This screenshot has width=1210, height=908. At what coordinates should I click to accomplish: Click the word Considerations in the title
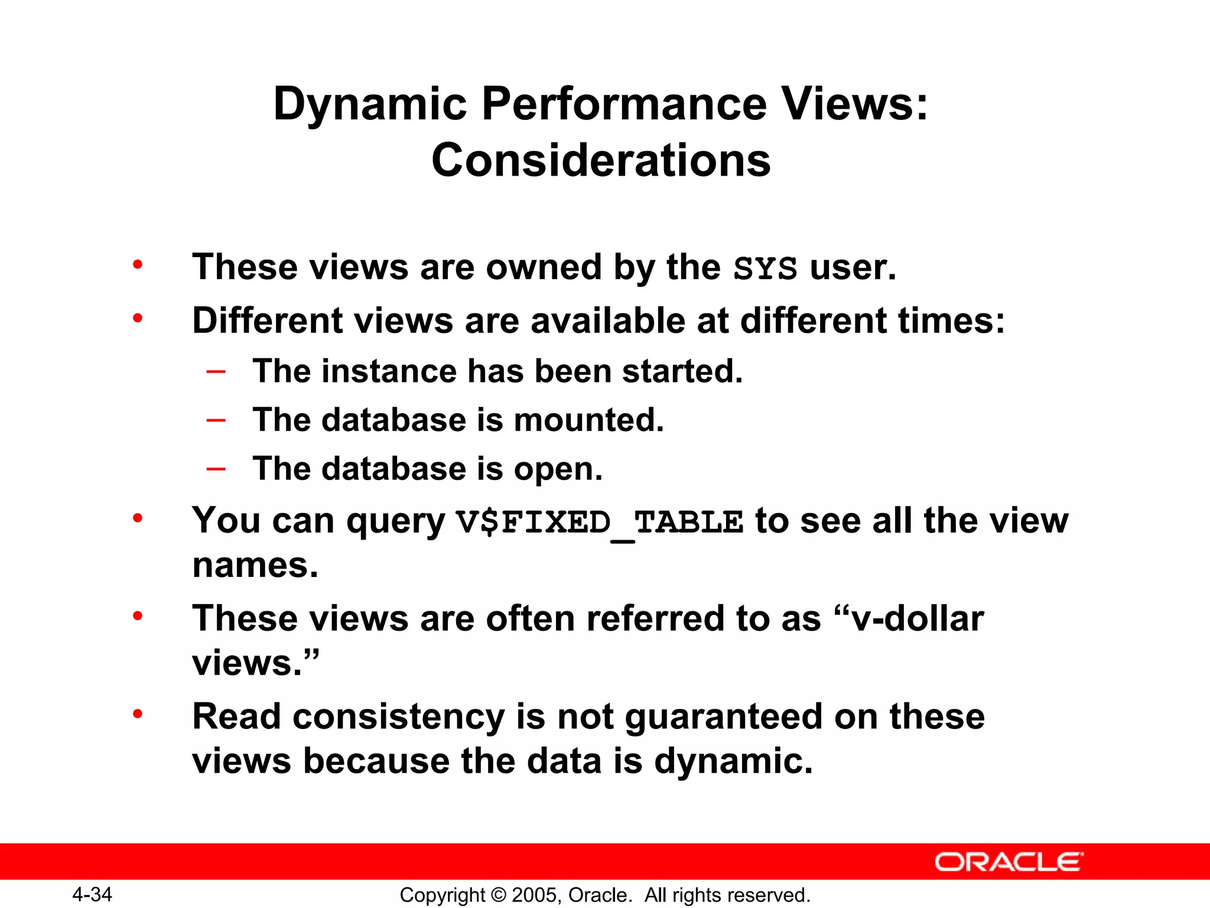pyautogui.click(x=601, y=161)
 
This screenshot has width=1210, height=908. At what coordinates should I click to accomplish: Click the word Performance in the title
pyautogui.click(x=624, y=104)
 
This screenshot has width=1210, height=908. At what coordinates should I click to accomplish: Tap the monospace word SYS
pyautogui.click(x=765, y=268)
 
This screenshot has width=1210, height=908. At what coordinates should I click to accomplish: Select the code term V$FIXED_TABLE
pyautogui.click(x=600, y=523)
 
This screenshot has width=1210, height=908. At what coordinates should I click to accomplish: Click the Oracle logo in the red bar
pyautogui.click(x=1009, y=862)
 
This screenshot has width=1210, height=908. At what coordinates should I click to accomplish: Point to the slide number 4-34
pyautogui.click(x=92, y=894)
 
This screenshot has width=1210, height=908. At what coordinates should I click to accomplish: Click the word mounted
pyautogui.click(x=588, y=420)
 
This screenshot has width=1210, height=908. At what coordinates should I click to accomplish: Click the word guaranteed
pyautogui.click(x=724, y=716)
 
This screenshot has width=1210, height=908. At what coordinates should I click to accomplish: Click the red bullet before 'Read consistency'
pyautogui.click(x=138, y=714)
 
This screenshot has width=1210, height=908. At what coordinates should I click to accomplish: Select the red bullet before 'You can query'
pyautogui.click(x=138, y=518)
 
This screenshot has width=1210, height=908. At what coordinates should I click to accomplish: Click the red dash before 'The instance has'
pyautogui.click(x=216, y=371)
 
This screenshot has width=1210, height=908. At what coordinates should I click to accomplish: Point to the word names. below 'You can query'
pyautogui.click(x=255, y=565)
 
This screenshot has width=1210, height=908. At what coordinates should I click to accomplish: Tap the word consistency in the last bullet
pyautogui.click(x=399, y=716)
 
